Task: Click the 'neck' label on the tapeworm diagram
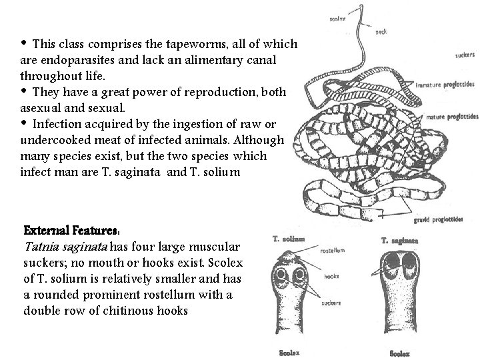click(x=381, y=31)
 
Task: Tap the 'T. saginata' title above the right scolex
click(x=400, y=240)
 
